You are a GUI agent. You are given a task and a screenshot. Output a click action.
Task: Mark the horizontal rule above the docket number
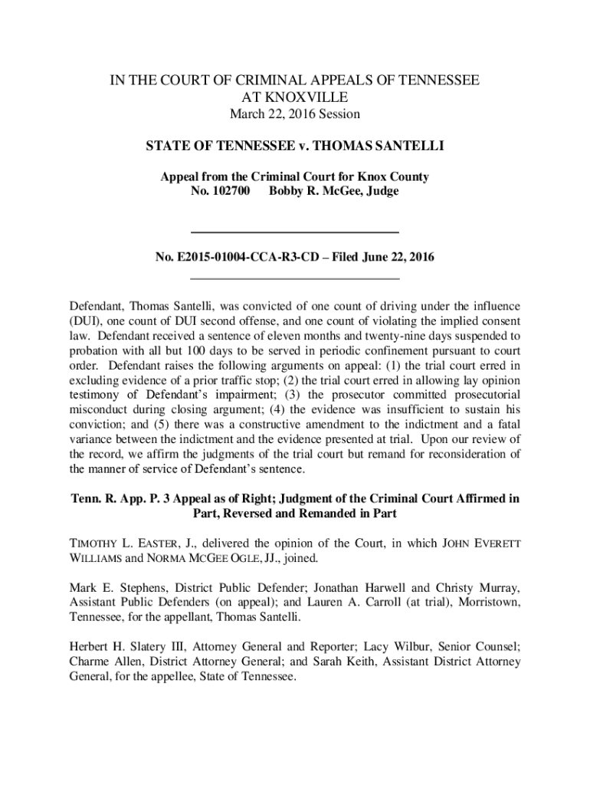coord(294,232)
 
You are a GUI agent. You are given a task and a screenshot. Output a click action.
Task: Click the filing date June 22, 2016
coord(393,258)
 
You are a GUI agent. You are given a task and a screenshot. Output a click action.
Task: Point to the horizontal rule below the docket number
coord(294,278)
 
